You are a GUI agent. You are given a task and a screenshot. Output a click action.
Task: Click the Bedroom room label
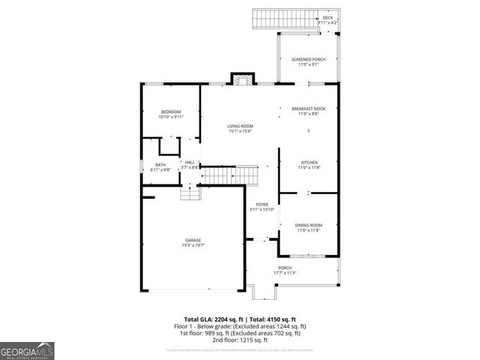coord(170,112)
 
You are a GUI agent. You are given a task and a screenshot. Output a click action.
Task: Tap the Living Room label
coord(240,126)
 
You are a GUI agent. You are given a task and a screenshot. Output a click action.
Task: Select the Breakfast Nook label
coord(308,109)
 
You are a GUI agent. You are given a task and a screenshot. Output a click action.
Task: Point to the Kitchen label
coord(310,163)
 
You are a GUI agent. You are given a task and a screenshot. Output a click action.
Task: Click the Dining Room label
coord(308,225)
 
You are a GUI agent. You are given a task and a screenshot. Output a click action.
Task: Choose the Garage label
coord(193,240)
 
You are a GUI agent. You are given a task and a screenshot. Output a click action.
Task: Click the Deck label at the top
coord(328,17)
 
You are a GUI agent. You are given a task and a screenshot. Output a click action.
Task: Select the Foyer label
coord(262,204)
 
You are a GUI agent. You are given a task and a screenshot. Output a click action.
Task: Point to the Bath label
coord(160,164)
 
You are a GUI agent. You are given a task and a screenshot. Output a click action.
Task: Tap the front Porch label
coord(285,268)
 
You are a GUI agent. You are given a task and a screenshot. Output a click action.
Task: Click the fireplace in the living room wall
coord(241,80)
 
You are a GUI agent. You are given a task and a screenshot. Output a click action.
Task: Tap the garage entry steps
coord(190,193)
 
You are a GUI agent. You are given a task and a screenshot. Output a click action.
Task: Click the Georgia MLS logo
coord(27,350)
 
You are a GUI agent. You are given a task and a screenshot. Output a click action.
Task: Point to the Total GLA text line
coord(240,319)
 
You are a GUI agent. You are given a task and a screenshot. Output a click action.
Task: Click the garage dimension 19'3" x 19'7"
coord(193,244)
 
